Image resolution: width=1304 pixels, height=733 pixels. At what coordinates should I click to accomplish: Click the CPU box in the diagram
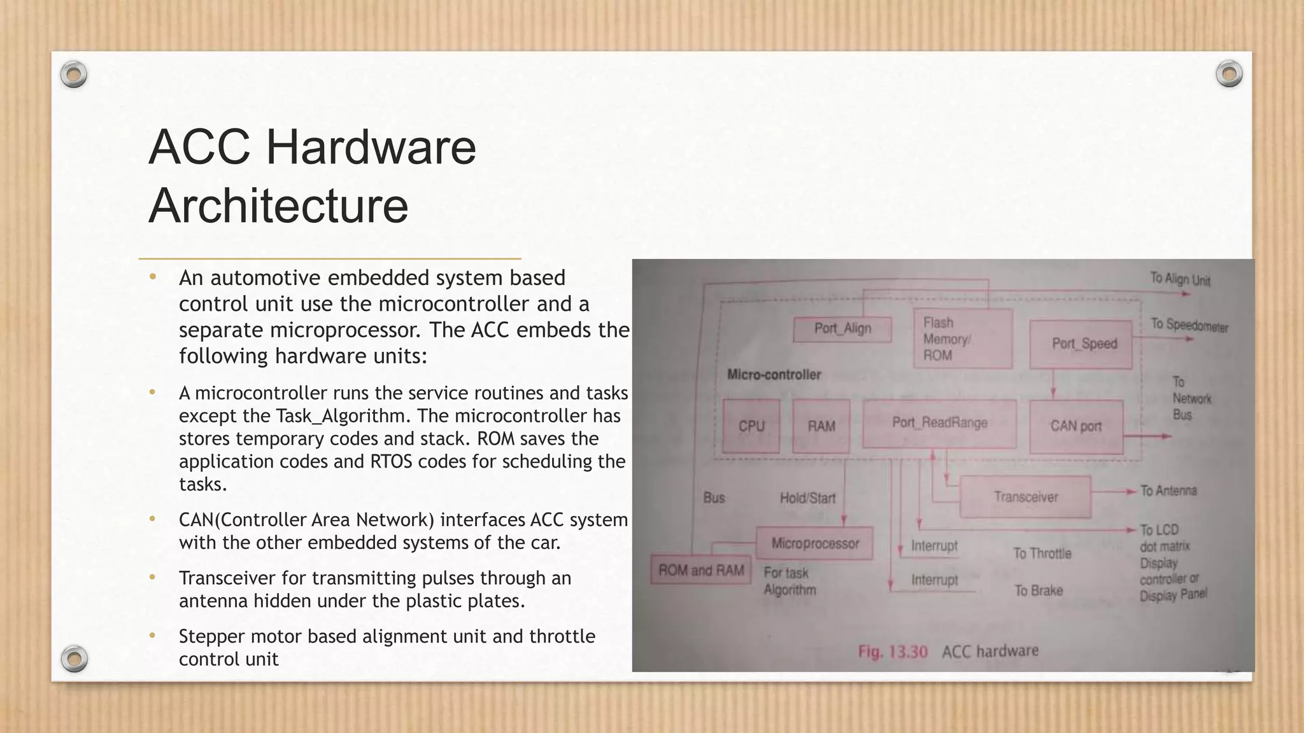(x=751, y=426)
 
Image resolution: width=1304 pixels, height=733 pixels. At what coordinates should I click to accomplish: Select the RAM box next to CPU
(x=821, y=426)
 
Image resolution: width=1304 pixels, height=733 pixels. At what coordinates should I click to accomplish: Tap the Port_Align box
(x=842, y=329)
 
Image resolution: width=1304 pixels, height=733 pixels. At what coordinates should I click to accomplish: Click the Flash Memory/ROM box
(x=962, y=339)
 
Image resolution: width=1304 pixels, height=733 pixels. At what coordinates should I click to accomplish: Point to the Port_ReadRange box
(x=939, y=423)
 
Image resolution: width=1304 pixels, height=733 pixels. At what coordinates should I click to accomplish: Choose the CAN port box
(x=1076, y=426)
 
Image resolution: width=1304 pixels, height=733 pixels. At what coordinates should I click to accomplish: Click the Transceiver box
(x=1025, y=497)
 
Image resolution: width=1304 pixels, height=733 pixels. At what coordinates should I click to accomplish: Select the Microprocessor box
(x=815, y=543)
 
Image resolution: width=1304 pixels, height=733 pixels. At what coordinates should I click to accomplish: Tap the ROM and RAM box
(x=700, y=570)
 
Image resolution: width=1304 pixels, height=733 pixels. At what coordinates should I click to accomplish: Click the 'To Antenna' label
(x=1168, y=491)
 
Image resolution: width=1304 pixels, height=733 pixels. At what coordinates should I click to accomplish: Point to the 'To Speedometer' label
(x=1189, y=325)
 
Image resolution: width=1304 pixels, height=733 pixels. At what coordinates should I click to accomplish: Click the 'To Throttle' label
(x=1042, y=554)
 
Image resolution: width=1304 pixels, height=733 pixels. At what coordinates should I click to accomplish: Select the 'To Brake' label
(x=1038, y=590)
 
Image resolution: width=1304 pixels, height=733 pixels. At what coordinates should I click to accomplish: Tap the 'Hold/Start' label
(x=807, y=498)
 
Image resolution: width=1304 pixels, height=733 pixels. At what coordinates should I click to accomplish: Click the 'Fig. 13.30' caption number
(x=893, y=652)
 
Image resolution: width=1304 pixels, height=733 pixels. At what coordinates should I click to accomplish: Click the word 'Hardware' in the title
(x=371, y=147)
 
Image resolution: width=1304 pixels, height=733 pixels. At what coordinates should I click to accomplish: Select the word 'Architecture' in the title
(x=278, y=206)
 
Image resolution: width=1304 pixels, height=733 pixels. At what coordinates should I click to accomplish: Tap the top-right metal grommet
(x=1229, y=74)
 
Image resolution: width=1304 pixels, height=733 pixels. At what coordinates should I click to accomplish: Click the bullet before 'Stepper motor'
(x=152, y=636)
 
